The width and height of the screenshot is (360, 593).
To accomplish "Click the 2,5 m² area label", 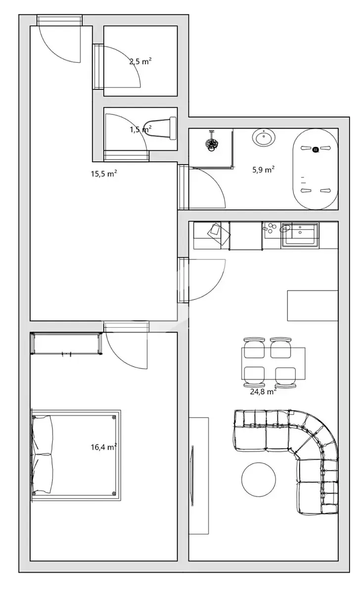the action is click(140, 61).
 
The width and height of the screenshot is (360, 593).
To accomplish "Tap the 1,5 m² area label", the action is click(140, 129).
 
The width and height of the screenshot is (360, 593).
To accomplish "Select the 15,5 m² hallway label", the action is click(104, 173).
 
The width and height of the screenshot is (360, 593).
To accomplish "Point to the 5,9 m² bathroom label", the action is click(263, 169).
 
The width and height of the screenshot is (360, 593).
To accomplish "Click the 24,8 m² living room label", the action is click(263, 391).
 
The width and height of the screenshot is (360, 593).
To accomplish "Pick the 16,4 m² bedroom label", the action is click(104, 447).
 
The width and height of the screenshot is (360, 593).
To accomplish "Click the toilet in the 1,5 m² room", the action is click(161, 128).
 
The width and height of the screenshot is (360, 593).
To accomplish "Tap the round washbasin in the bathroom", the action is click(264, 138).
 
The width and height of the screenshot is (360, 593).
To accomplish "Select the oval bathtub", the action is click(315, 169).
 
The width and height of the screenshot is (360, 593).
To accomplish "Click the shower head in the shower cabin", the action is click(212, 143).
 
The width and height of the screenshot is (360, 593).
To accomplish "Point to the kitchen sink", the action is click(300, 235).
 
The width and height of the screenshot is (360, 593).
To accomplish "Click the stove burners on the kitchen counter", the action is click(270, 228).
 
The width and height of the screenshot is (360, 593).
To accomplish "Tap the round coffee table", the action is click(259, 479).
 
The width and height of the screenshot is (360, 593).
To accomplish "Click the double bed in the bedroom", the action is click(76, 455).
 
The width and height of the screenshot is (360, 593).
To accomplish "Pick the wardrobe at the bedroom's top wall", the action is click(66, 343).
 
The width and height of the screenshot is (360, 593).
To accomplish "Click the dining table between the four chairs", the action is click(273, 363).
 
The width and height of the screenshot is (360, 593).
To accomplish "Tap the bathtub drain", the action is click(315, 150).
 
